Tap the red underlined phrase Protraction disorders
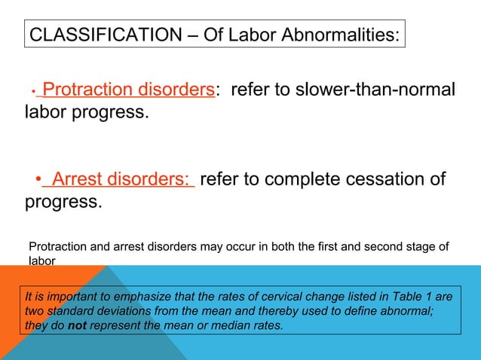[x=128, y=90]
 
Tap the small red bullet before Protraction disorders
[x=33, y=92]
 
